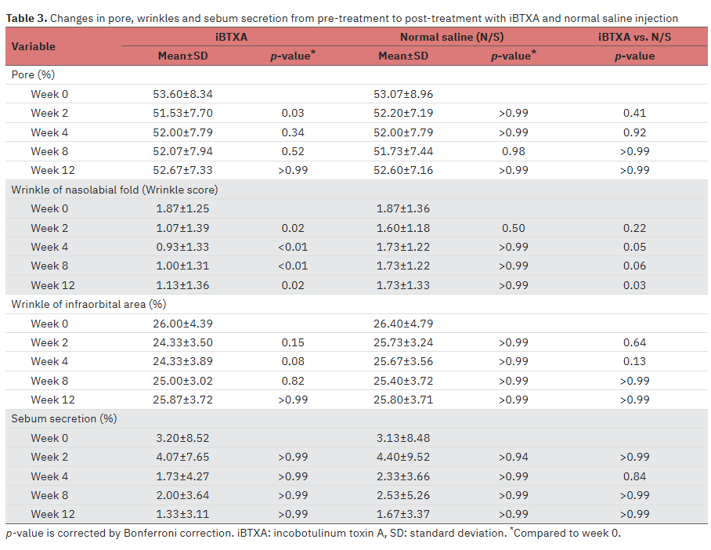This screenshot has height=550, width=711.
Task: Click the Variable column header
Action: click(33, 46)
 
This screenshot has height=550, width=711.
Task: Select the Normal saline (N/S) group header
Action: click(452, 37)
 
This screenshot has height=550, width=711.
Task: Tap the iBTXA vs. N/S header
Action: click(634, 37)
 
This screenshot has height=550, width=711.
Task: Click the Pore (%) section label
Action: click(33, 74)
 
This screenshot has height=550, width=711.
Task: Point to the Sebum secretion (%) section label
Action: click(64, 418)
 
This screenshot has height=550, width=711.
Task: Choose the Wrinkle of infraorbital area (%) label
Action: click(89, 304)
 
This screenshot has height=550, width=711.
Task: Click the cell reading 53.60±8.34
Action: click(182, 94)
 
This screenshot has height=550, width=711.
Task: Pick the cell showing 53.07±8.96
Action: click(403, 94)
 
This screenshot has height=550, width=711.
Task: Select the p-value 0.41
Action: click(634, 113)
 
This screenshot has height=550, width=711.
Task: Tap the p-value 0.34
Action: click(293, 132)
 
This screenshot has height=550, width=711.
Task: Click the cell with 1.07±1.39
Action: click(182, 228)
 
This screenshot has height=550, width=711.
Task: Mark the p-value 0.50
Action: click(514, 228)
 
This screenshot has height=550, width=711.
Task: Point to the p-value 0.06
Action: click(634, 266)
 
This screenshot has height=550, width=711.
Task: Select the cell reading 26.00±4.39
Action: click(182, 324)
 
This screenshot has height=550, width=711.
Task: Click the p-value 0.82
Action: click(293, 381)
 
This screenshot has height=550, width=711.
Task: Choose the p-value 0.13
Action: click(634, 361)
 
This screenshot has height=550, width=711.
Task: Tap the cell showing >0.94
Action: click(514, 457)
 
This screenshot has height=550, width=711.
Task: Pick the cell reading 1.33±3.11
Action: click(182, 514)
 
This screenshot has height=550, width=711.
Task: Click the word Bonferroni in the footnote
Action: click(150, 533)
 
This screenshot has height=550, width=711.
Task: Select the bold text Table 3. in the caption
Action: click(27, 18)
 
